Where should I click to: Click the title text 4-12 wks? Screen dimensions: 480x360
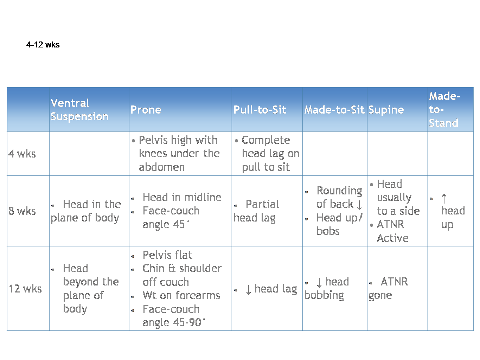pos(43,45)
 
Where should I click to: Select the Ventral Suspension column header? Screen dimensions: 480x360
pos(79,109)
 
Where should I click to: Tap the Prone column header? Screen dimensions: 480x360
pos(146,109)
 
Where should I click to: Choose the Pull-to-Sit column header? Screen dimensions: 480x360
pos(260,109)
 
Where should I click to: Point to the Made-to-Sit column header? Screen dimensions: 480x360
pos(334,109)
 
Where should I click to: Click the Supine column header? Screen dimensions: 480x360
pos(386,110)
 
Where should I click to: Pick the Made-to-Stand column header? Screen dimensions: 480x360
pos(444,109)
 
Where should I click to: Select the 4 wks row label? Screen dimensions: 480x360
pos(22,154)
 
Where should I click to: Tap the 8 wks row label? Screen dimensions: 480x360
pos(22,211)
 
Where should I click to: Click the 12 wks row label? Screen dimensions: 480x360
pos(25,289)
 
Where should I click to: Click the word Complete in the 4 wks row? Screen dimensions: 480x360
pos(266,140)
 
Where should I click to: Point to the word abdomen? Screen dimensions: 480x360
pos(162,167)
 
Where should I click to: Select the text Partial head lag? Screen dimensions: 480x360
pos(256,211)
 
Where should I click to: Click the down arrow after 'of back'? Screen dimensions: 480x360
pos(359,205)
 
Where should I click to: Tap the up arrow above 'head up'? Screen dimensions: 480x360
pos(444,199)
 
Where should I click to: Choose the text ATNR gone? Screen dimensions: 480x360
pos(388,289)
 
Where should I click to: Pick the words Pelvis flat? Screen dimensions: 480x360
pos(167,255)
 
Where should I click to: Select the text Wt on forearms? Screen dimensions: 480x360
pos(181,295)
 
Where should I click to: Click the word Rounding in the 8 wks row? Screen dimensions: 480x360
pos(339,191)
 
